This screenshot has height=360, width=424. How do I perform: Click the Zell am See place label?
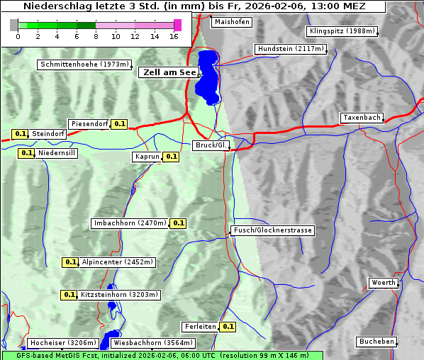168,72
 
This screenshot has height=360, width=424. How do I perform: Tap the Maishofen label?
231,22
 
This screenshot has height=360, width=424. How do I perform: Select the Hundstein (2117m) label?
291,49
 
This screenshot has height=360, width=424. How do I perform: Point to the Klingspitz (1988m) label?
342,31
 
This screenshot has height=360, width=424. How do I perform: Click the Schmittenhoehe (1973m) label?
84,64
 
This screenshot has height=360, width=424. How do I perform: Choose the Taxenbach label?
362,118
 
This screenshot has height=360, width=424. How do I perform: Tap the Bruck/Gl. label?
211,145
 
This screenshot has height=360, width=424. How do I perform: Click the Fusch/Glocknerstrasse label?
272,230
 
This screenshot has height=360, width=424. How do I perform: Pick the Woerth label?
384,283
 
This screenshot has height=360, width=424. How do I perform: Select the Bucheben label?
376,342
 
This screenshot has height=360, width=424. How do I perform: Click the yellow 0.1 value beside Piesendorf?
120,124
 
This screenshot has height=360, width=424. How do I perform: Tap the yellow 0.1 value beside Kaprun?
171,157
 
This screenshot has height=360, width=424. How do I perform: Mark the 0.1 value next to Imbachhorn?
178,223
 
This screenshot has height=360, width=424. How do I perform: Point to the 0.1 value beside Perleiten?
228,327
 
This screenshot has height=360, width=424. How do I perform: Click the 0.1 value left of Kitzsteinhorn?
69,295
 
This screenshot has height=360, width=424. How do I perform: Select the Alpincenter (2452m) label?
117,262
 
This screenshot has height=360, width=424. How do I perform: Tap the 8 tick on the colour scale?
96,35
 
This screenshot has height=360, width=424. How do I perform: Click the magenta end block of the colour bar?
177,25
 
